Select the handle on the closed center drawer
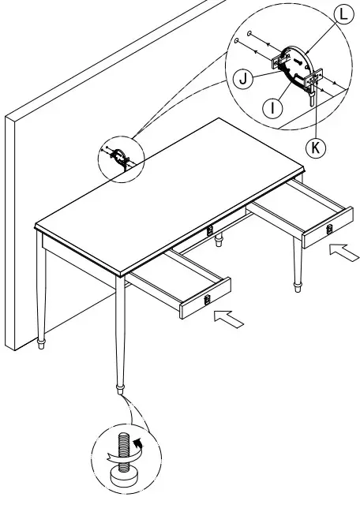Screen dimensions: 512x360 pyautogui.click(x=210, y=231)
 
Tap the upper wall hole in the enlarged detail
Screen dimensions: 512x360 pyautogui.click(x=249, y=34)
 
